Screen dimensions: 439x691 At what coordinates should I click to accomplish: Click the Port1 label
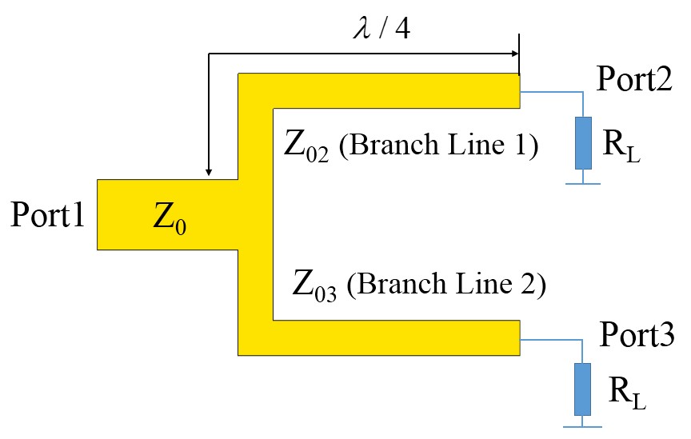(x=47, y=215)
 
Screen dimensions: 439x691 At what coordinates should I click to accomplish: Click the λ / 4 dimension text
(x=381, y=31)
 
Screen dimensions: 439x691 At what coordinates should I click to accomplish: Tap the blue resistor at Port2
(x=584, y=142)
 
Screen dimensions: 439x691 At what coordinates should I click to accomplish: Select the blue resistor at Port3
(x=584, y=388)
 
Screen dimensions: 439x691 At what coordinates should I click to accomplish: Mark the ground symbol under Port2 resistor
(x=584, y=182)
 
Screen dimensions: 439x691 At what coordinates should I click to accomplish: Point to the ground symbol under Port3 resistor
(x=584, y=425)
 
